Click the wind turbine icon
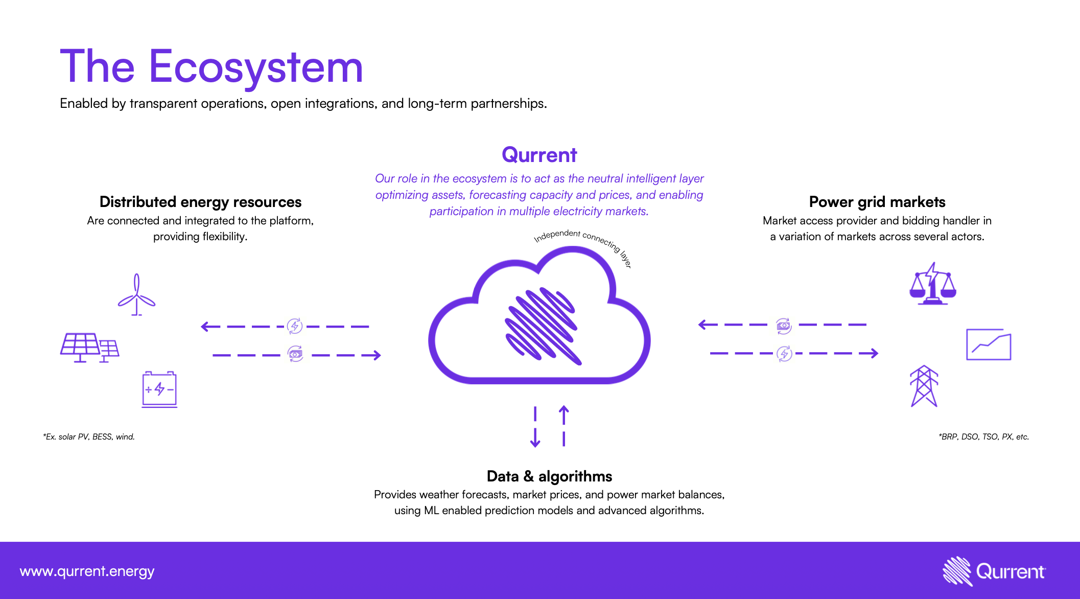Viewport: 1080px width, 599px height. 136,295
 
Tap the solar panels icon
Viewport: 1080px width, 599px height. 89,348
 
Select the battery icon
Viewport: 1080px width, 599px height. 159,389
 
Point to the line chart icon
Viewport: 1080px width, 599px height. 989,344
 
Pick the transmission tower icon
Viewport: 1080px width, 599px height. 924,386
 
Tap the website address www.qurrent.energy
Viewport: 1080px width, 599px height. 87,571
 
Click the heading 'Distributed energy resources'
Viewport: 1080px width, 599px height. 200,202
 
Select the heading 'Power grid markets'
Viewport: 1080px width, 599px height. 877,202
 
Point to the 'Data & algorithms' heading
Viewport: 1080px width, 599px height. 549,476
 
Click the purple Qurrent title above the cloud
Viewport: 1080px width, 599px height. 539,155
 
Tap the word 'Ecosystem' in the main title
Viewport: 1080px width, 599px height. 256,67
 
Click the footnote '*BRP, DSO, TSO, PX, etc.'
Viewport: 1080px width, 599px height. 984,437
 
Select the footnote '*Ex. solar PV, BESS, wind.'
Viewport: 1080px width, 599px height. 89,437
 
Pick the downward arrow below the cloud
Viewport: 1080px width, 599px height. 535,427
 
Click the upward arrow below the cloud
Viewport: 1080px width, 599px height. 564,426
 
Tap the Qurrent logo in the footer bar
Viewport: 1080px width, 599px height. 994,571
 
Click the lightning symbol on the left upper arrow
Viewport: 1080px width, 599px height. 295,326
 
